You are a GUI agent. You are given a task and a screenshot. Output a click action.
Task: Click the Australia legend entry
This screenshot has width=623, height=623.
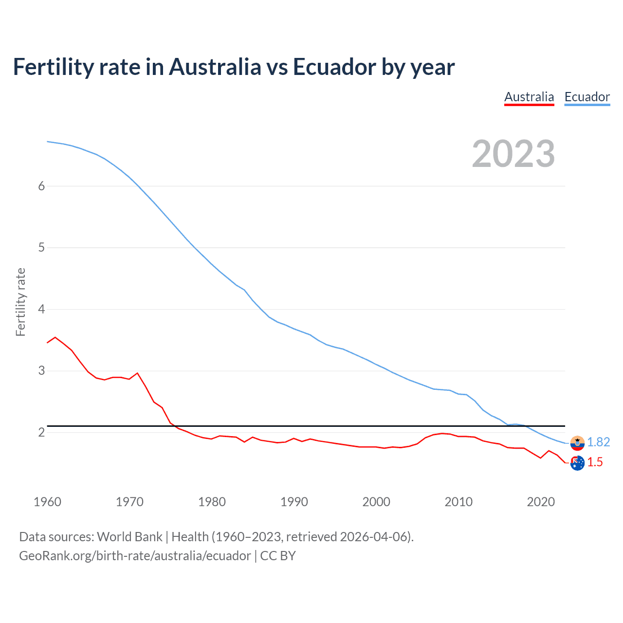click(529, 97)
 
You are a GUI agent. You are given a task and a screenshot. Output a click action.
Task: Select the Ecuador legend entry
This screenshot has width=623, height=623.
click(587, 97)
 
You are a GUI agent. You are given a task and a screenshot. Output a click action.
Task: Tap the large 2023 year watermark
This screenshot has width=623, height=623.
click(513, 154)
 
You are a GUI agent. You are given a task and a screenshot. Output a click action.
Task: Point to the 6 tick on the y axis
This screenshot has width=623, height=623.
click(41, 186)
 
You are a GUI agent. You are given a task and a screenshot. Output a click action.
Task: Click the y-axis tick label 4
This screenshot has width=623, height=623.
click(41, 309)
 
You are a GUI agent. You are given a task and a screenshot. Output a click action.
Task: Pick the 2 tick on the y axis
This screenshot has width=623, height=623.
click(41, 432)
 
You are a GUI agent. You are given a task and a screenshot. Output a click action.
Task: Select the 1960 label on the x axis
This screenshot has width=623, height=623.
click(47, 502)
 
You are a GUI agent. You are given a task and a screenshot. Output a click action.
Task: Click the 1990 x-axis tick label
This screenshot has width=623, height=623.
click(294, 502)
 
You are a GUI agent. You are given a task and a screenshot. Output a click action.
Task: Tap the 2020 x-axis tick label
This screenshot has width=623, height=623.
click(541, 502)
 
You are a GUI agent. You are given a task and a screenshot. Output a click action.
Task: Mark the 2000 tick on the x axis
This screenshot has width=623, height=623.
click(376, 502)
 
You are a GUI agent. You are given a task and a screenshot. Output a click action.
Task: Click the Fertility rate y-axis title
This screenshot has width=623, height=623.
click(20, 302)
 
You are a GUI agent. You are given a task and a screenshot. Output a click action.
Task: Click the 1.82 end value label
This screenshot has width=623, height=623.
click(598, 442)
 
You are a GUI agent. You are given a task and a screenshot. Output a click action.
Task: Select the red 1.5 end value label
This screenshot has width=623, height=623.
click(595, 462)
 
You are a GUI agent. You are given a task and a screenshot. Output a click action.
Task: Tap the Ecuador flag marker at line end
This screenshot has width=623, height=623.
click(577, 443)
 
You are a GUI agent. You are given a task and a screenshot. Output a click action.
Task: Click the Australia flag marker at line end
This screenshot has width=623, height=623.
click(577, 463)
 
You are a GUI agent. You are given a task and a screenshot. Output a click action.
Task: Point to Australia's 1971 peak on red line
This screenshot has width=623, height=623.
click(137, 373)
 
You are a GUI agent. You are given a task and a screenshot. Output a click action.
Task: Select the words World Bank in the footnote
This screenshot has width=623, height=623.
click(129, 537)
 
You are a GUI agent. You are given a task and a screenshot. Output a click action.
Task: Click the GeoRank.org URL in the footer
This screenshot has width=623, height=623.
click(135, 556)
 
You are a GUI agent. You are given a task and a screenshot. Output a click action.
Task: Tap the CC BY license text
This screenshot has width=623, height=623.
click(278, 556)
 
